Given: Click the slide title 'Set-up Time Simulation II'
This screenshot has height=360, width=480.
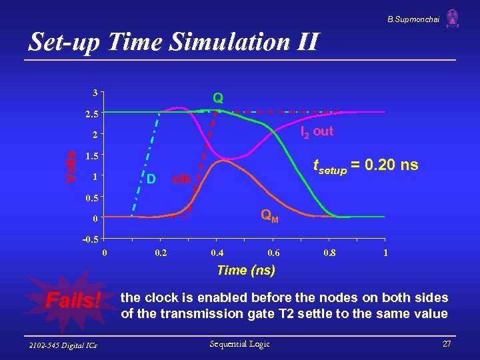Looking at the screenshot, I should (173, 42).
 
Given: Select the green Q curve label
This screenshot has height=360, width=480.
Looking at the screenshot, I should (218, 98).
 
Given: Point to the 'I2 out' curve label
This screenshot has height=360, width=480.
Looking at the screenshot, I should (317, 131).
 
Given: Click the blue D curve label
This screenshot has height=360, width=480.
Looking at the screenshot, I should (151, 179).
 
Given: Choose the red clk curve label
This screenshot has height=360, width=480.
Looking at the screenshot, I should (182, 179).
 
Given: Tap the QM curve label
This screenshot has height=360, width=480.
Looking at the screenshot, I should (269, 215).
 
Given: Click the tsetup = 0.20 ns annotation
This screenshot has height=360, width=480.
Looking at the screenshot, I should (366, 165).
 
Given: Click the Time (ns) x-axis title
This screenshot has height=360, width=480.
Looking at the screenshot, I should (245, 270).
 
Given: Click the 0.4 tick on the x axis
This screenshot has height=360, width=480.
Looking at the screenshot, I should (217, 253).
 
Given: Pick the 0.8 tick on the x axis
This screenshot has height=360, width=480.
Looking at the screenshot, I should (329, 253).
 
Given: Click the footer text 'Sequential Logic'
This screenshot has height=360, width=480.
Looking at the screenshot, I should (239, 344).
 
